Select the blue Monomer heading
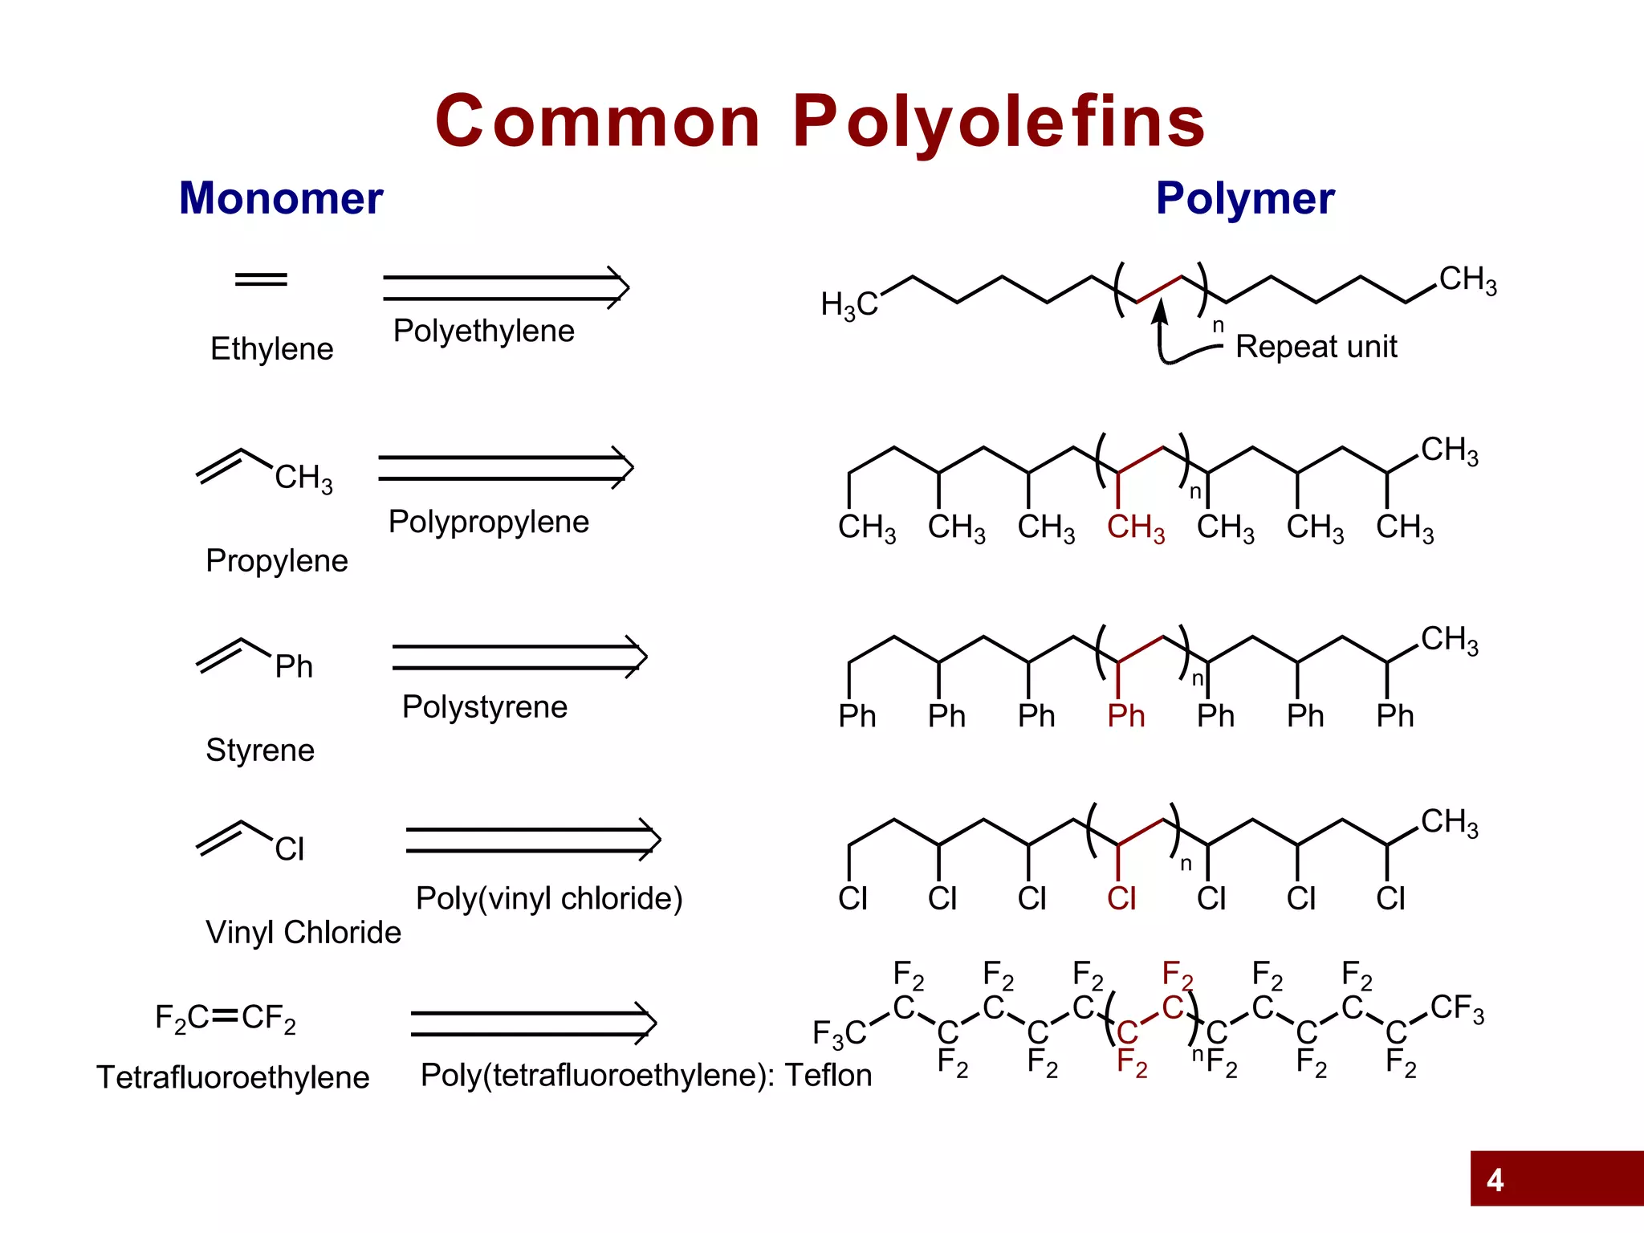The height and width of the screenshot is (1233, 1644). (281, 198)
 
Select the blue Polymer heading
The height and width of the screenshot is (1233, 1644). (1245, 198)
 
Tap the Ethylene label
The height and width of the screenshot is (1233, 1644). (271, 349)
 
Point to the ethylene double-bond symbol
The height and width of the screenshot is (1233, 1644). (261, 279)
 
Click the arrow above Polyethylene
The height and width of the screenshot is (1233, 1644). (506, 287)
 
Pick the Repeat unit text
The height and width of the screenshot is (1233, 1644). (1316, 347)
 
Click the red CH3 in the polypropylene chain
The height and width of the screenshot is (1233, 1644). (1135, 528)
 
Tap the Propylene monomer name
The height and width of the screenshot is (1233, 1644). (277, 560)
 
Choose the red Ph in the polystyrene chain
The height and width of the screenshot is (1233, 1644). (1125, 716)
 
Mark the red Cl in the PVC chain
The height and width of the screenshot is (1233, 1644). (1121, 898)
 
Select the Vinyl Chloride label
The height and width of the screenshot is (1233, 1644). (303, 933)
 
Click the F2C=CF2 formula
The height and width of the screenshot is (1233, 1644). (226, 1018)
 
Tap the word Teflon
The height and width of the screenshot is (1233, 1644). (828, 1075)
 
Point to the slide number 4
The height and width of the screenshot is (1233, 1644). (1495, 1180)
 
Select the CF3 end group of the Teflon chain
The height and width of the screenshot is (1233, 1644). (1457, 1008)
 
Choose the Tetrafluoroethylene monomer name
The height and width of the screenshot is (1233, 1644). (233, 1077)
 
